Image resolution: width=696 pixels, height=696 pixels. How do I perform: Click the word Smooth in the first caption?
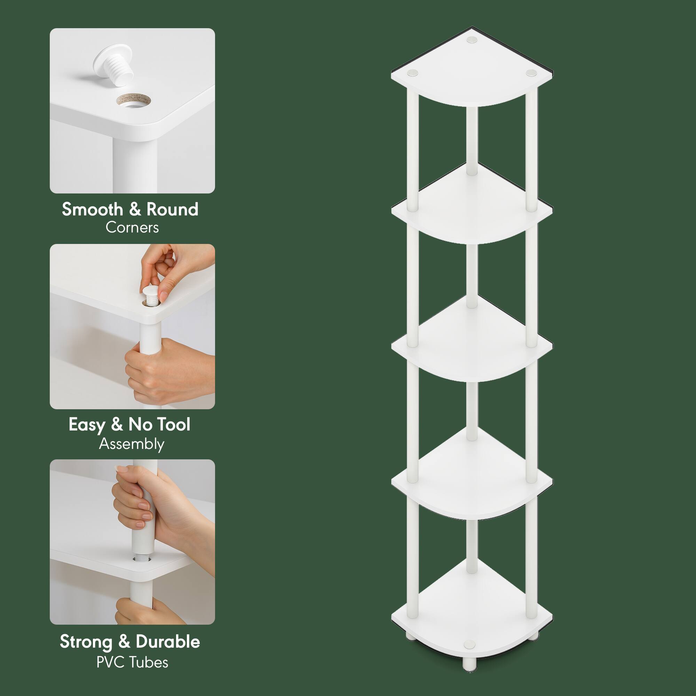(92, 209)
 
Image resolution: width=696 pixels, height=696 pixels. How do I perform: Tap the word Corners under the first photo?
(132, 228)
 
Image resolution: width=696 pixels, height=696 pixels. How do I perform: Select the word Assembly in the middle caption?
(132, 444)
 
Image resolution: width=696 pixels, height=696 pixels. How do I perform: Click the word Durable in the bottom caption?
(168, 642)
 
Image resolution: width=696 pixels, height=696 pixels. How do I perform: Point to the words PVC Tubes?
(132, 662)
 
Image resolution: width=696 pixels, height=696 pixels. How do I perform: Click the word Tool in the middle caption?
(174, 424)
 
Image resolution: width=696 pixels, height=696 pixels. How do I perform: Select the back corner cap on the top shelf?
(471, 40)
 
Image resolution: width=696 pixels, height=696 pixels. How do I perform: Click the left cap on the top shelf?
(413, 73)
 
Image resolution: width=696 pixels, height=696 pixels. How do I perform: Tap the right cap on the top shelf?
(531, 73)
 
